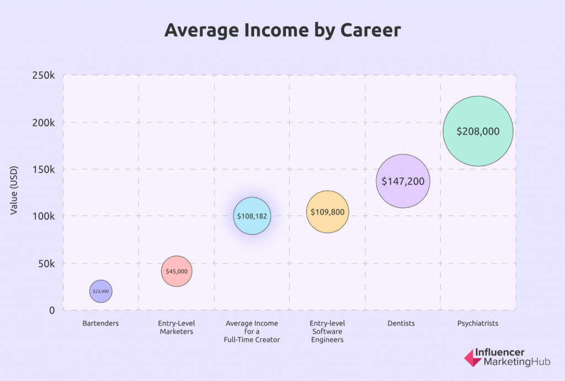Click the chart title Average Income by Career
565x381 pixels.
282,31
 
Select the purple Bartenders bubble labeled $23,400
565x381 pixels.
100,291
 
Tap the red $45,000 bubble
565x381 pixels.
177,271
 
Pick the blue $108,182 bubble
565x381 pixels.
252,216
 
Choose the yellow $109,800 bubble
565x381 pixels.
328,212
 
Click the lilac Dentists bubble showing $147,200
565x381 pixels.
403,181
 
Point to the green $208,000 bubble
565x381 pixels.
478,131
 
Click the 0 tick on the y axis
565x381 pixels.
52,310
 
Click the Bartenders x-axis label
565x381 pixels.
100,324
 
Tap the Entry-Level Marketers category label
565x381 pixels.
177,328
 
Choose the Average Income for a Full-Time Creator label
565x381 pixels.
252,331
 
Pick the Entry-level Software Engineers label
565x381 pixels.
328,331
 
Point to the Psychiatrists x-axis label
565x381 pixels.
478,324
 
